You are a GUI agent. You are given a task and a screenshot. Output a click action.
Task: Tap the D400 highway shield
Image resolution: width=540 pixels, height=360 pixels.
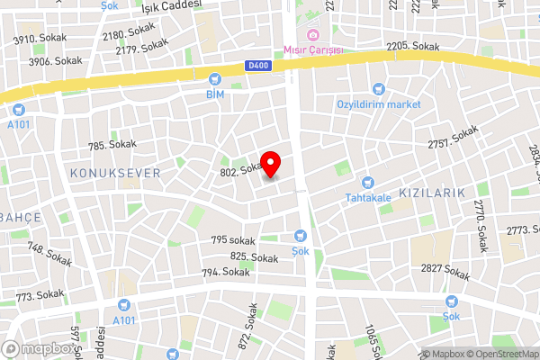pos(256,66)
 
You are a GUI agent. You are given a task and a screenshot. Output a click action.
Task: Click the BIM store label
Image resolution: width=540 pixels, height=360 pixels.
pos(214,94)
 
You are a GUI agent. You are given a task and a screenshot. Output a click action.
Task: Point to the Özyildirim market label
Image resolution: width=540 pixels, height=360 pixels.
pos(379,104)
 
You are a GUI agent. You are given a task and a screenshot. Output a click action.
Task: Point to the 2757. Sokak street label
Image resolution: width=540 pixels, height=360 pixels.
pos(452,138)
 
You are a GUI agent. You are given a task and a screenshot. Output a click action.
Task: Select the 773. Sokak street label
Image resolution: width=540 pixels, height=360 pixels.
pos(40,294)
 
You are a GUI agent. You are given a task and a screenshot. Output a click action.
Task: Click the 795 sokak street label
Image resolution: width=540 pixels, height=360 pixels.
pos(233,239)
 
